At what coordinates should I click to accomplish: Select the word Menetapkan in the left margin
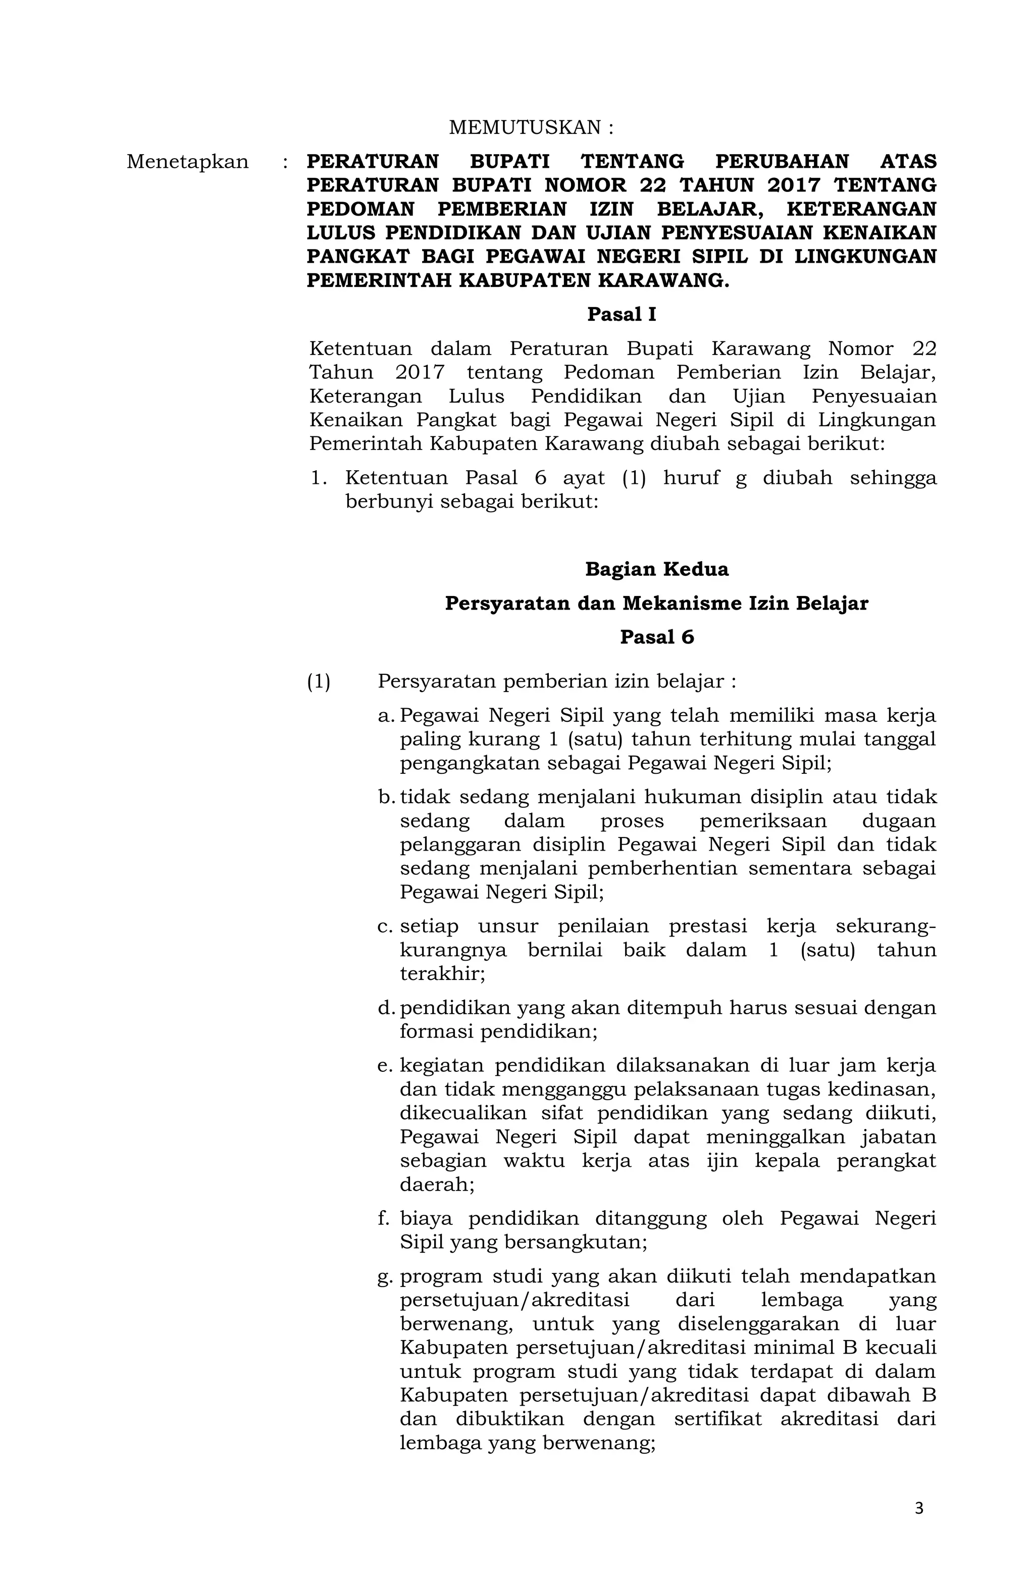pyautogui.click(x=187, y=162)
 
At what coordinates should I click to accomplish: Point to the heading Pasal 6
pyautogui.click(x=656, y=637)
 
